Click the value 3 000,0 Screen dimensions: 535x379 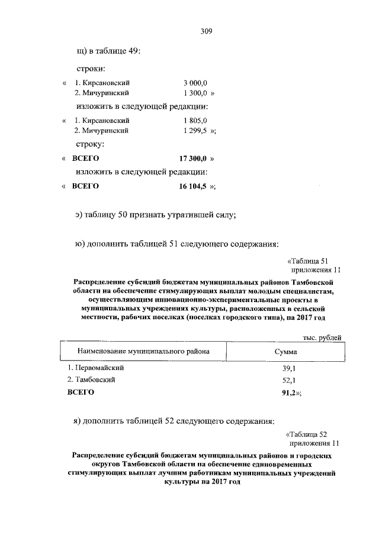(x=195, y=83)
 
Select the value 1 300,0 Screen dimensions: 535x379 (x=195, y=93)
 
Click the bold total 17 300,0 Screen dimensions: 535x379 (x=192, y=158)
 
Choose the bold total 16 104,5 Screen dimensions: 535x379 (x=192, y=186)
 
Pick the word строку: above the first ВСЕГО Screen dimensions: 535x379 (x=91, y=144)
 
